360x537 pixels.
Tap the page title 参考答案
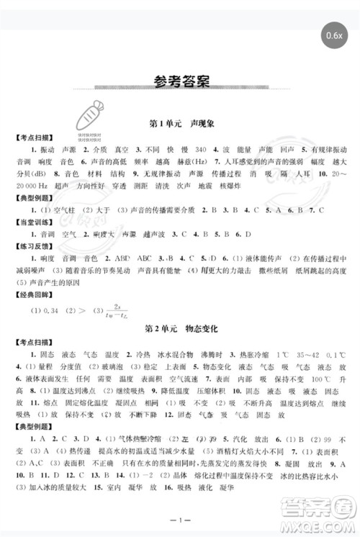coord(180,81)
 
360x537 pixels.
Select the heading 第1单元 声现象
coord(180,124)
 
